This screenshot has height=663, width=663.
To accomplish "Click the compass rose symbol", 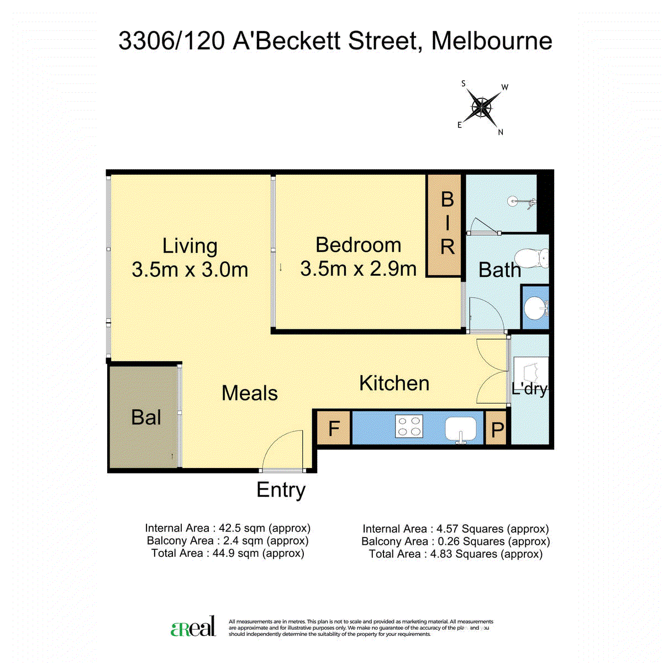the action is click(483, 108).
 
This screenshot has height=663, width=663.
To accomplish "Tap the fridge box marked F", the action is click(333, 428).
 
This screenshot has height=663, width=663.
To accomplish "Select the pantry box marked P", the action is click(496, 428).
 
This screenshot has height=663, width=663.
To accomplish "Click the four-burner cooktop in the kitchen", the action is click(409, 426).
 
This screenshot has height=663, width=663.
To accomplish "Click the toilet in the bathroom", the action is click(531, 258).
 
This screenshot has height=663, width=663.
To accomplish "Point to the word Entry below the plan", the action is click(281, 490).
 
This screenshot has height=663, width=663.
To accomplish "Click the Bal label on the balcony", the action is click(146, 417).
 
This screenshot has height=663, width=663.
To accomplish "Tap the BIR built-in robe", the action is click(444, 225).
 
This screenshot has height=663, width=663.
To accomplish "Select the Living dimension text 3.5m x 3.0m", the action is click(190, 269).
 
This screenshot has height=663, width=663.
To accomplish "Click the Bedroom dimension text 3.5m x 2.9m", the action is click(358, 269).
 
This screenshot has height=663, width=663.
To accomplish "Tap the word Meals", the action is click(249, 393).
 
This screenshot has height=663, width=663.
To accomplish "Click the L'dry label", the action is click(529, 389).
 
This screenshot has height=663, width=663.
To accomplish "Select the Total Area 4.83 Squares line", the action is click(455, 554).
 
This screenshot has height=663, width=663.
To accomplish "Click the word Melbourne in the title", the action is click(492, 41).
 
